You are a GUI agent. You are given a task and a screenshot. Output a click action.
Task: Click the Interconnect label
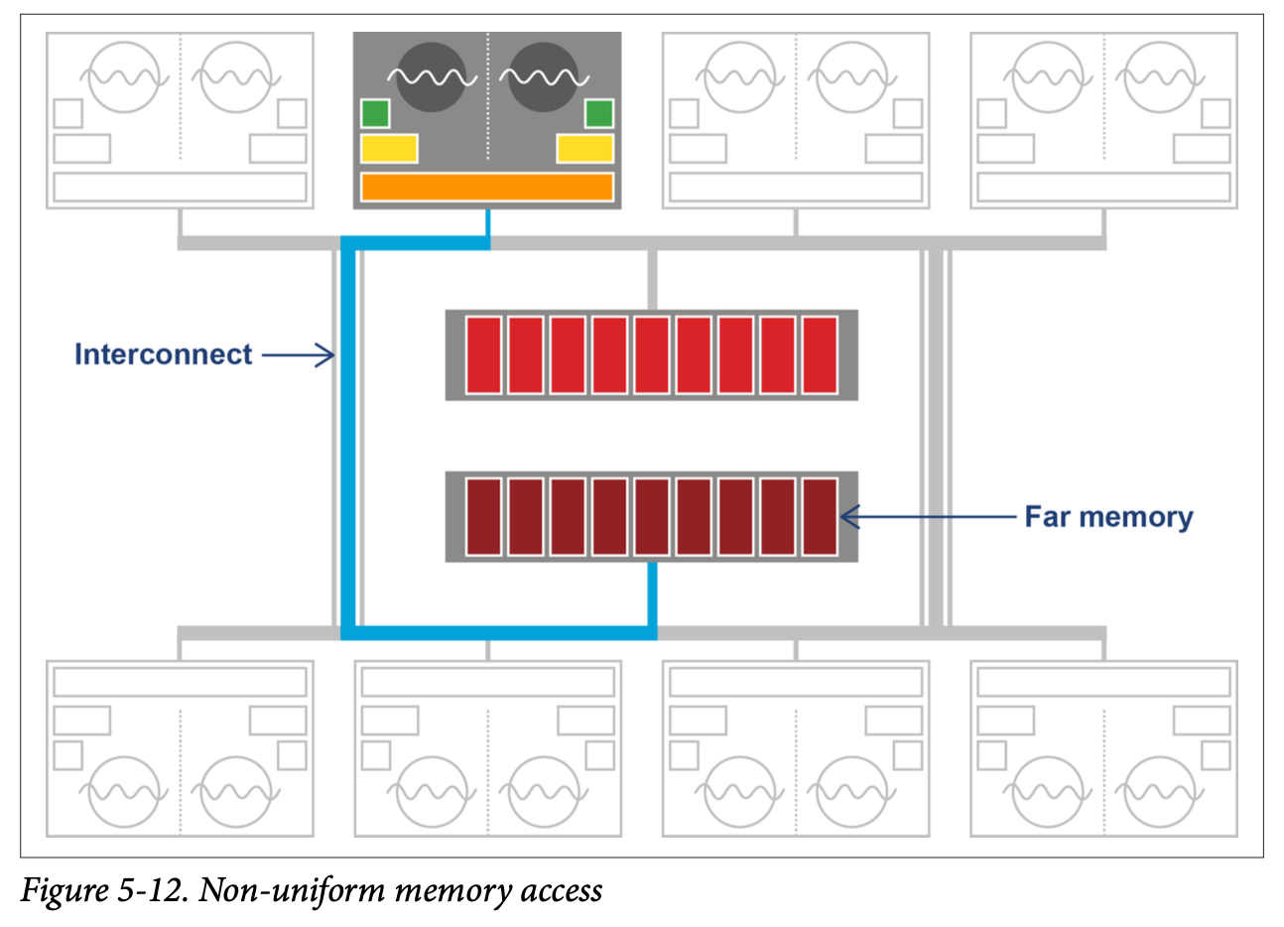click(x=163, y=354)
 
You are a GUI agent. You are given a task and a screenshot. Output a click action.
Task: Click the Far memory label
click(x=1108, y=517)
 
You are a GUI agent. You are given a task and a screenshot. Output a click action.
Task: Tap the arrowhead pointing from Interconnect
click(x=326, y=354)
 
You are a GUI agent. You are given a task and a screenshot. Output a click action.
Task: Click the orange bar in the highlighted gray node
click(x=486, y=187)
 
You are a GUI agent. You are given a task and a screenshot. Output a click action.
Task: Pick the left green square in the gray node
click(x=375, y=114)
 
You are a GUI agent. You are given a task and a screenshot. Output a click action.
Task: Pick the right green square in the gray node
click(x=599, y=114)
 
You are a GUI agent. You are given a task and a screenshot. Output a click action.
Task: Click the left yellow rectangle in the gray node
click(x=389, y=149)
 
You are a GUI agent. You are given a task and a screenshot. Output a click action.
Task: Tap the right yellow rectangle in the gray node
click(x=585, y=149)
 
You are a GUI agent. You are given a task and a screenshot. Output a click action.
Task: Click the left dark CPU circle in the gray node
click(x=431, y=76)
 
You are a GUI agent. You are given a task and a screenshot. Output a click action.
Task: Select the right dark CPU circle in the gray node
click(x=543, y=76)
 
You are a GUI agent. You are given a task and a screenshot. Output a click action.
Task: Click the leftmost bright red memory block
click(x=483, y=354)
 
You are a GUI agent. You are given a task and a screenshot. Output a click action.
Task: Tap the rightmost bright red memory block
click(x=820, y=354)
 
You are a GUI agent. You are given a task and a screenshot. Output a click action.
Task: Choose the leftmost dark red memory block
click(x=483, y=516)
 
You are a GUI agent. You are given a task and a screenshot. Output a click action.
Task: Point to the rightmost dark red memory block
click(x=820, y=516)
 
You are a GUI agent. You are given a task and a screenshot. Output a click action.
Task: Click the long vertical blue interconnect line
click(x=348, y=437)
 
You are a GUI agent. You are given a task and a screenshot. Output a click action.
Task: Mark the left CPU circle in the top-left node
click(x=123, y=76)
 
